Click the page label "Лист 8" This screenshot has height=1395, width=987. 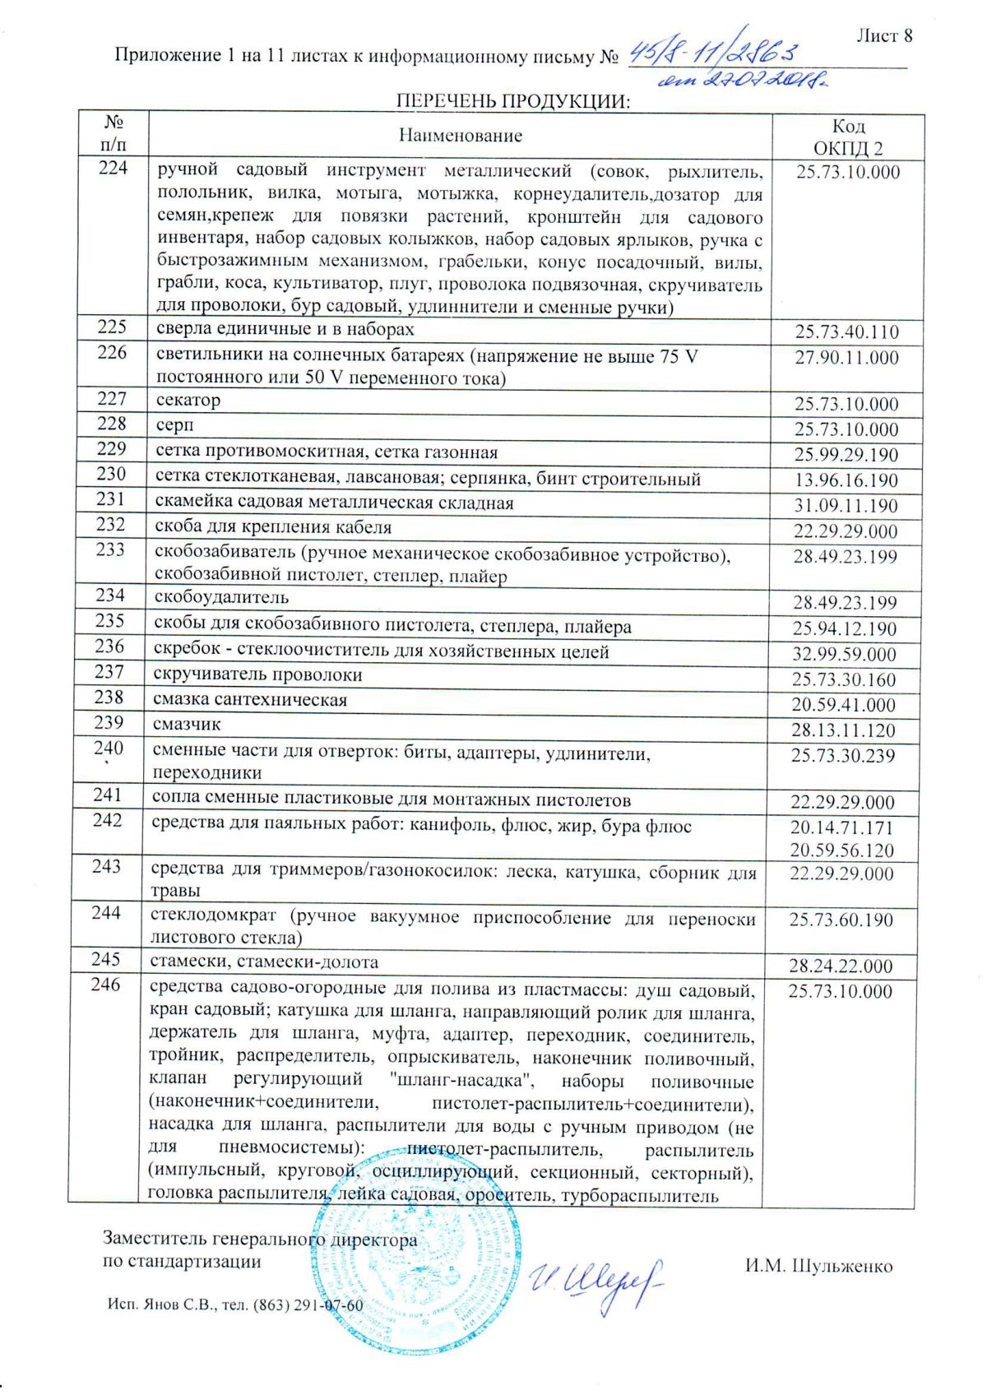(884, 36)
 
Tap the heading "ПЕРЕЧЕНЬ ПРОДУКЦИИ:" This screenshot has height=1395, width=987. (513, 101)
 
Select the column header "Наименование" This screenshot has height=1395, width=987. (461, 136)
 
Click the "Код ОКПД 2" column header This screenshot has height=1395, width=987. (848, 137)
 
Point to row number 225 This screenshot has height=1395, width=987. (112, 327)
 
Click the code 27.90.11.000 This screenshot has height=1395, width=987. (847, 358)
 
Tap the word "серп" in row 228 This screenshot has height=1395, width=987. (175, 426)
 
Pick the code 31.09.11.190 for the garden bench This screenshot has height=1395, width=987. (846, 506)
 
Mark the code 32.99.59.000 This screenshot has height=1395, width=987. (845, 655)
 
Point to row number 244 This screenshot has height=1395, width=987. (106, 913)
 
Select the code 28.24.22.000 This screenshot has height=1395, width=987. (841, 966)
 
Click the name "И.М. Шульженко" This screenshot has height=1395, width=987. (818, 1267)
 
